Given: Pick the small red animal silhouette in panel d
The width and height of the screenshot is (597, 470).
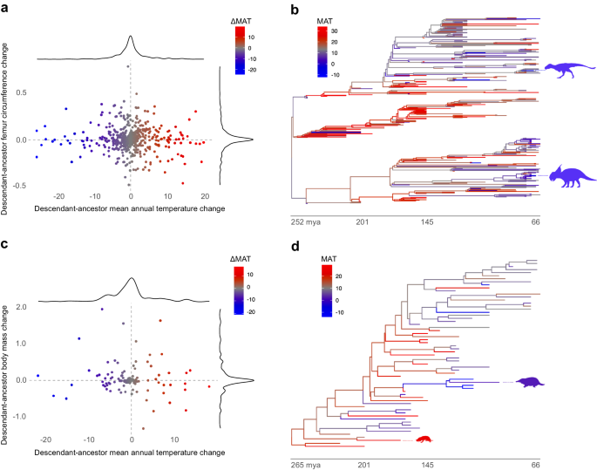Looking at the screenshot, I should click(424, 441).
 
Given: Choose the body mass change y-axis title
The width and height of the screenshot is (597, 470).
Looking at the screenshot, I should click(8, 358).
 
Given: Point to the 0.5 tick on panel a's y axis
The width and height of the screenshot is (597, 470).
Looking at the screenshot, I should click(22, 93).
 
